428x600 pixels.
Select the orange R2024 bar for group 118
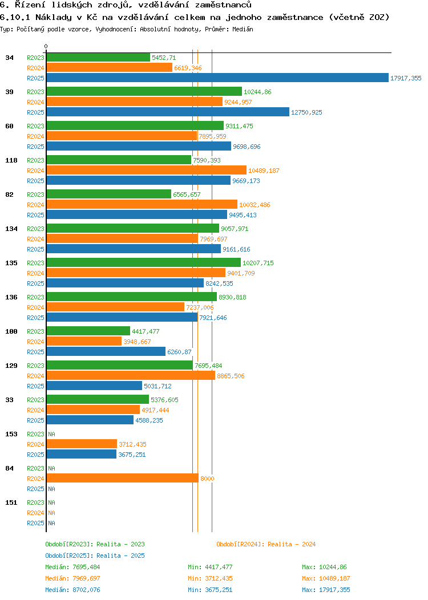point(146,171)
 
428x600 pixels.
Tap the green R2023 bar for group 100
point(88,331)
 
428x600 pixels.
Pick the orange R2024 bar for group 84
point(122,479)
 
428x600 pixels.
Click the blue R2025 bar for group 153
point(81,455)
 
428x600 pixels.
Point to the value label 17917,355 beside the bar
point(406,78)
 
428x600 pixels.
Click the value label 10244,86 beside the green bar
point(257,92)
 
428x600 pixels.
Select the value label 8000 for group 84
point(207,479)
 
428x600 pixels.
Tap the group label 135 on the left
point(11,263)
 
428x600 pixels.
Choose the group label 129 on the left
point(11,366)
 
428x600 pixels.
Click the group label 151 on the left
point(11,502)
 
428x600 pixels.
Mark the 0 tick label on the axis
point(46,46)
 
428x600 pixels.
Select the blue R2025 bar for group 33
point(90,420)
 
